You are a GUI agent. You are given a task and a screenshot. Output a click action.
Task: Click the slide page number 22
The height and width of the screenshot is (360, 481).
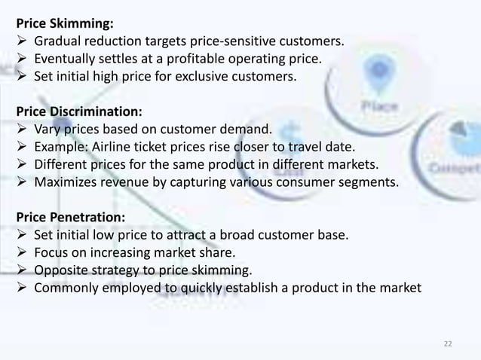pos(449,343)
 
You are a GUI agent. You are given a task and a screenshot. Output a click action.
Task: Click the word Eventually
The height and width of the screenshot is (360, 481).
pos(64,59)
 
